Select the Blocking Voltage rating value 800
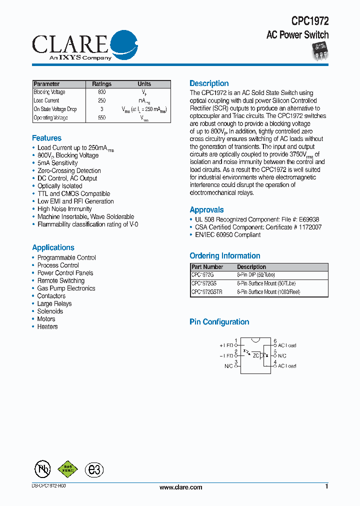point(102,92)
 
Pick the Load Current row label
point(46,101)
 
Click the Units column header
point(144,84)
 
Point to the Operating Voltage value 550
point(102,118)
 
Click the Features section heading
point(47,138)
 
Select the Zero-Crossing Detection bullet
point(69,170)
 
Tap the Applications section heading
point(53,247)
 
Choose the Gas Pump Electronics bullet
point(66,288)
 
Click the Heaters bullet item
point(47,326)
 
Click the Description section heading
point(209,83)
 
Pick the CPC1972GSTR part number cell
point(206,291)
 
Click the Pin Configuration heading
point(219,322)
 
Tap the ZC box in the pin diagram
point(256,355)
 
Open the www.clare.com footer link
point(180,487)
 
